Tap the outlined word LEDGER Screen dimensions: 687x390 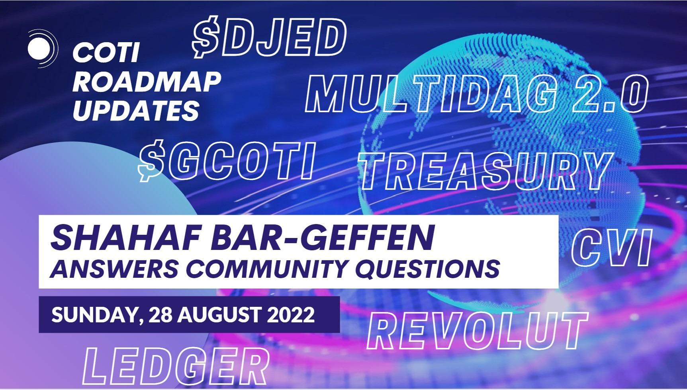click(x=175, y=366)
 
